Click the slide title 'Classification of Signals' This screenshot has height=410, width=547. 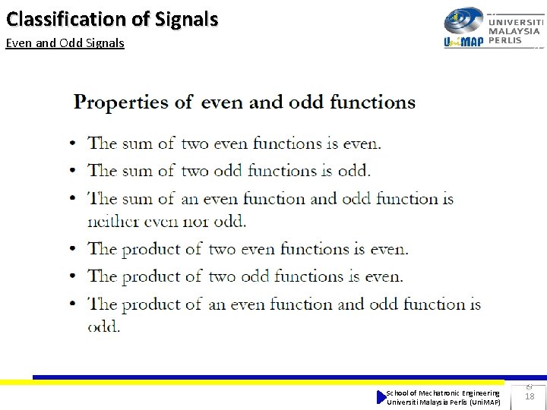(x=112, y=19)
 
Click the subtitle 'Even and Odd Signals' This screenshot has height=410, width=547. (x=65, y=43)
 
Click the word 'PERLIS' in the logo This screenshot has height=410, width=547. (x=505, y=40)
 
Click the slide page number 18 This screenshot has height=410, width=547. (x=530, y=396)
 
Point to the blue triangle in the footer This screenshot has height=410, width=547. (x=381, y=397)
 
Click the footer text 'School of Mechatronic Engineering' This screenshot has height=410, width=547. (x=443, y=393)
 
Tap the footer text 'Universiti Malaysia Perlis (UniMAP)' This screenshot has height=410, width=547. (x=444, y=402)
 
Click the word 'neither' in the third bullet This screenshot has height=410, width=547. (x=114, y=222)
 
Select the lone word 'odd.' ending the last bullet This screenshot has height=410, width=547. (x=104, y=326)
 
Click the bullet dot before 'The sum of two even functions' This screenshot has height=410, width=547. (x=72, y=143)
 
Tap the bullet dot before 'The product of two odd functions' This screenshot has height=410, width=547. (x=72, y=276)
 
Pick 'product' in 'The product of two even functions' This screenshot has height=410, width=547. (x=163, y=249)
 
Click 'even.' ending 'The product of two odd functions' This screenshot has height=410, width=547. (x=384, y=276)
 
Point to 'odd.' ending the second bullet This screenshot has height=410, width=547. (x=354, y=171)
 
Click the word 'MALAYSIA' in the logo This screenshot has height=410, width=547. (x=514, y=31)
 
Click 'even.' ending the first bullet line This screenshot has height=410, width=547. (x=362, y=143)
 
